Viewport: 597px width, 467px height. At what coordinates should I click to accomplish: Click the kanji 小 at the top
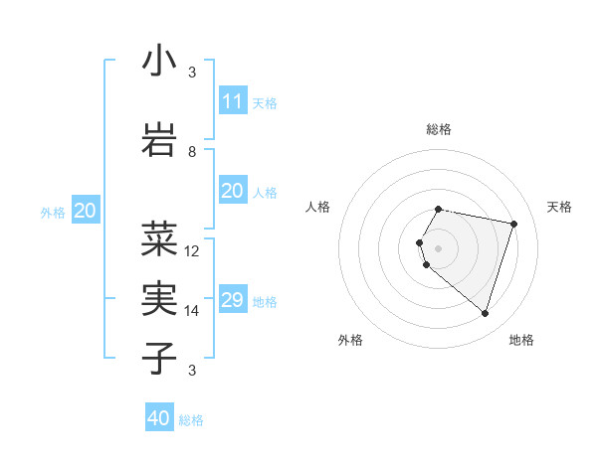pos(159,62)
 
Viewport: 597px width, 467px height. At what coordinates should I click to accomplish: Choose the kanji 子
pos(159,359)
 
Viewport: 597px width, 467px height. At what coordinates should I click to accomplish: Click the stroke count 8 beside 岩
pos(192,152)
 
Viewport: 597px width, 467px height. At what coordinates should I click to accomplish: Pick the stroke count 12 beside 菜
pos(192,251)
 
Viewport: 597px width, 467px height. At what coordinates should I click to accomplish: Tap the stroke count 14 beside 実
pos(192,311)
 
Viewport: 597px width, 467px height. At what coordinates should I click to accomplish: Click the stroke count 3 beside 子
pos(192,371)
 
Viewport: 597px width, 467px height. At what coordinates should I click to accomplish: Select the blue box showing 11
pos(233,101)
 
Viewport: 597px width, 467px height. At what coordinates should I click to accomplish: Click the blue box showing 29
pos(233,300)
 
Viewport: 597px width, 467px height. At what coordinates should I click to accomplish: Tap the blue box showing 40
pos(159,418)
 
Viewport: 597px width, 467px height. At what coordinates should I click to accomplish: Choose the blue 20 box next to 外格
pos(86,211)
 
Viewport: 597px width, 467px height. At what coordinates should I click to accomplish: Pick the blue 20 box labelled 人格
pos(233,191)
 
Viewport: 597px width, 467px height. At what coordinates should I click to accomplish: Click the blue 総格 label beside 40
pos(191,420)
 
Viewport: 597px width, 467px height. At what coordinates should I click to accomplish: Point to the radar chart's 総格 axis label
pos(438,129)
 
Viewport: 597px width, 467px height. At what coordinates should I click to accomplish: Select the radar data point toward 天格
pos(513,224)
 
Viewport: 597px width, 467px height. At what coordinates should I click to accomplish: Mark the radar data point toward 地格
pos(485,313)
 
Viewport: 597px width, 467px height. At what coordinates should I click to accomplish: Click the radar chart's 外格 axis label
pos(350,340)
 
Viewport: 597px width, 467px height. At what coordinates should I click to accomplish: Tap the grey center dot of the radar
pos(438,248)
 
